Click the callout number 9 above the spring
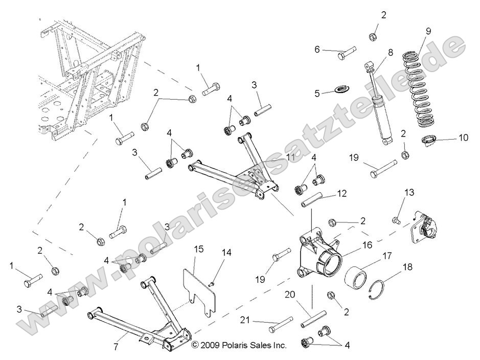pos(428,31)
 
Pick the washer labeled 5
pos(338,92)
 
